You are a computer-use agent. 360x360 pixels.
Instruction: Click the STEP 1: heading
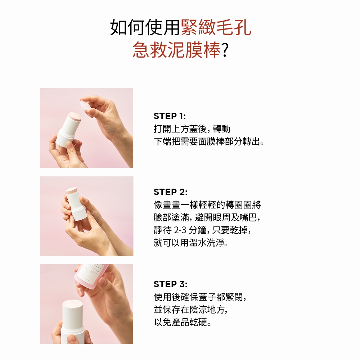[x=170, y=116]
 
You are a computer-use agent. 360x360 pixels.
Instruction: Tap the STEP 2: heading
[x=171, y=192]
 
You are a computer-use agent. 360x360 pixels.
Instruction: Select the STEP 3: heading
[x=171, y=284]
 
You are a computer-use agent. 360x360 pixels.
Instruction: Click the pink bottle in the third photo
[x=92, y=276]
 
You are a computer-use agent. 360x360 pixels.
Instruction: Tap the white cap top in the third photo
[x=73, y=304]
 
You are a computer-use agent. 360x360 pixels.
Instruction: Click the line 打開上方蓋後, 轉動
[x=192, y=129]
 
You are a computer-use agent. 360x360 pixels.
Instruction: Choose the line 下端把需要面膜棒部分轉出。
[x=209, y=141]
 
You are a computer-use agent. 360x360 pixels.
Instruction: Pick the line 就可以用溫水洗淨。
[x=191, y=242]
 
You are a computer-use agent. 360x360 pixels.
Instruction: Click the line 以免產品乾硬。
[x=183, y=322]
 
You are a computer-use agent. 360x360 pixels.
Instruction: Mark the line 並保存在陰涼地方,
[x=191, y=310]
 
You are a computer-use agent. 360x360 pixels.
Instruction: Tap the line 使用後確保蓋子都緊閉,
[x=200, y=297]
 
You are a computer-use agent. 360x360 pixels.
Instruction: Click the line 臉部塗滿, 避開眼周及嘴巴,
[x=207, y=217]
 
